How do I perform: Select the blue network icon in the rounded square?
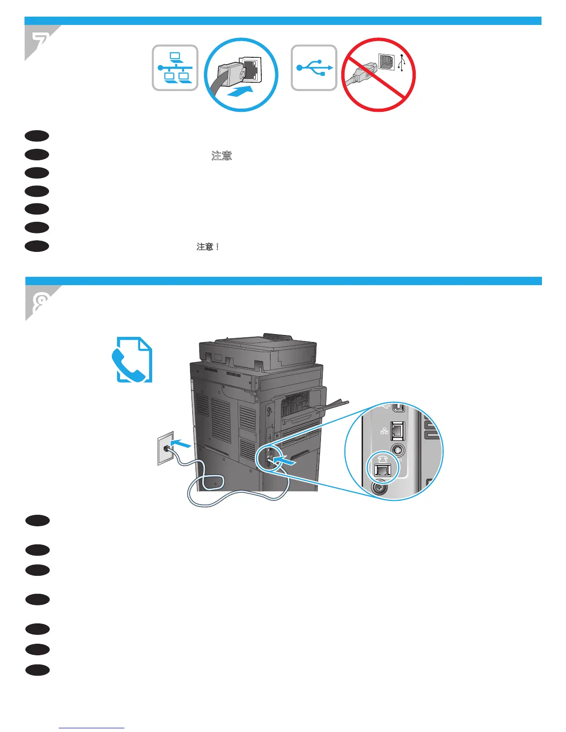pos(175,68)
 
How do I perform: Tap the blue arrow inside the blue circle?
pos(241,91)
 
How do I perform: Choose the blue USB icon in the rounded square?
pos(314,68)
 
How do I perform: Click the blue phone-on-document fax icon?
pos(132,360)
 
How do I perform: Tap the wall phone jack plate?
pos(165,447)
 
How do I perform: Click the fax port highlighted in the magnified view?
pos(382,470)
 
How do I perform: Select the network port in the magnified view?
pos(397,431)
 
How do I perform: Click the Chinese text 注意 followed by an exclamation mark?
pos(208,247)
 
